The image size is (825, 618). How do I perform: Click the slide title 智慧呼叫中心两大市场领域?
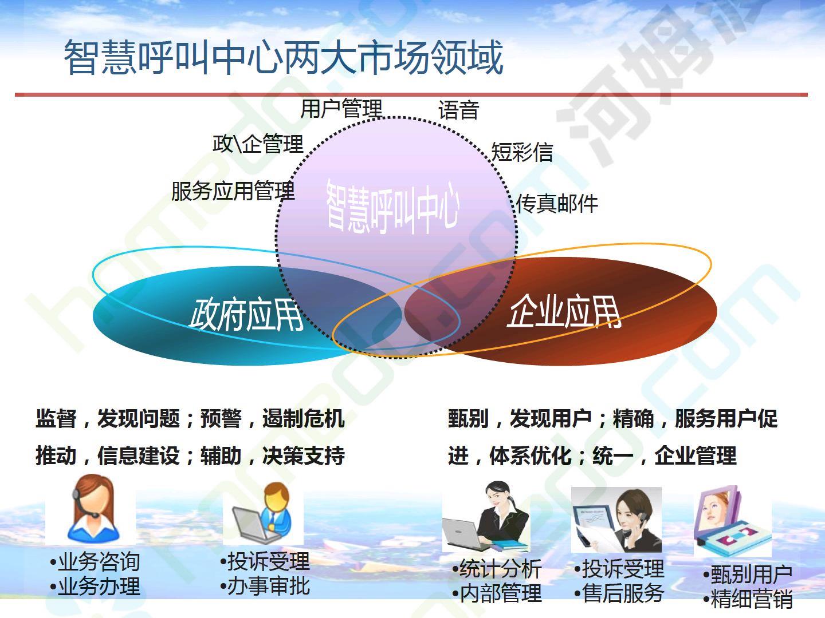(284, 57)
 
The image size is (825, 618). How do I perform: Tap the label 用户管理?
(341, 109)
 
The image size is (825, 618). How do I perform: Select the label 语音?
(458, 110)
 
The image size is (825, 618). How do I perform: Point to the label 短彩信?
(522, 152)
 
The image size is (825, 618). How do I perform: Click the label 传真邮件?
(557, 204)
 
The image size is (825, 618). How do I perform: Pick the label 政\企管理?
(258, 144)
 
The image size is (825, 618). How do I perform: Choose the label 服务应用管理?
(233, 191)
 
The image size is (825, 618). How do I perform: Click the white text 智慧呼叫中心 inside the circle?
(392, 207)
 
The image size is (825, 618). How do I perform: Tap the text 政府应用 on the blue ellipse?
(246, 315)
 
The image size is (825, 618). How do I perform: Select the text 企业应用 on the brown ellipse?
(564, 311)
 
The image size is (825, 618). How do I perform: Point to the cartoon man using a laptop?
(263, 513)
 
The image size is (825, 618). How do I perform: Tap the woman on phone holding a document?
(616, 520)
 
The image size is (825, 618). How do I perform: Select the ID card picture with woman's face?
(732, 521)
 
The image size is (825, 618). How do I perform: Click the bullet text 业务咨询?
(95, 562)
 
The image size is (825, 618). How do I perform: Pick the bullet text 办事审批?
(265, 586)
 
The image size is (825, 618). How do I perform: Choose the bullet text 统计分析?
(497, 569)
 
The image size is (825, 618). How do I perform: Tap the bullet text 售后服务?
(619, 593)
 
